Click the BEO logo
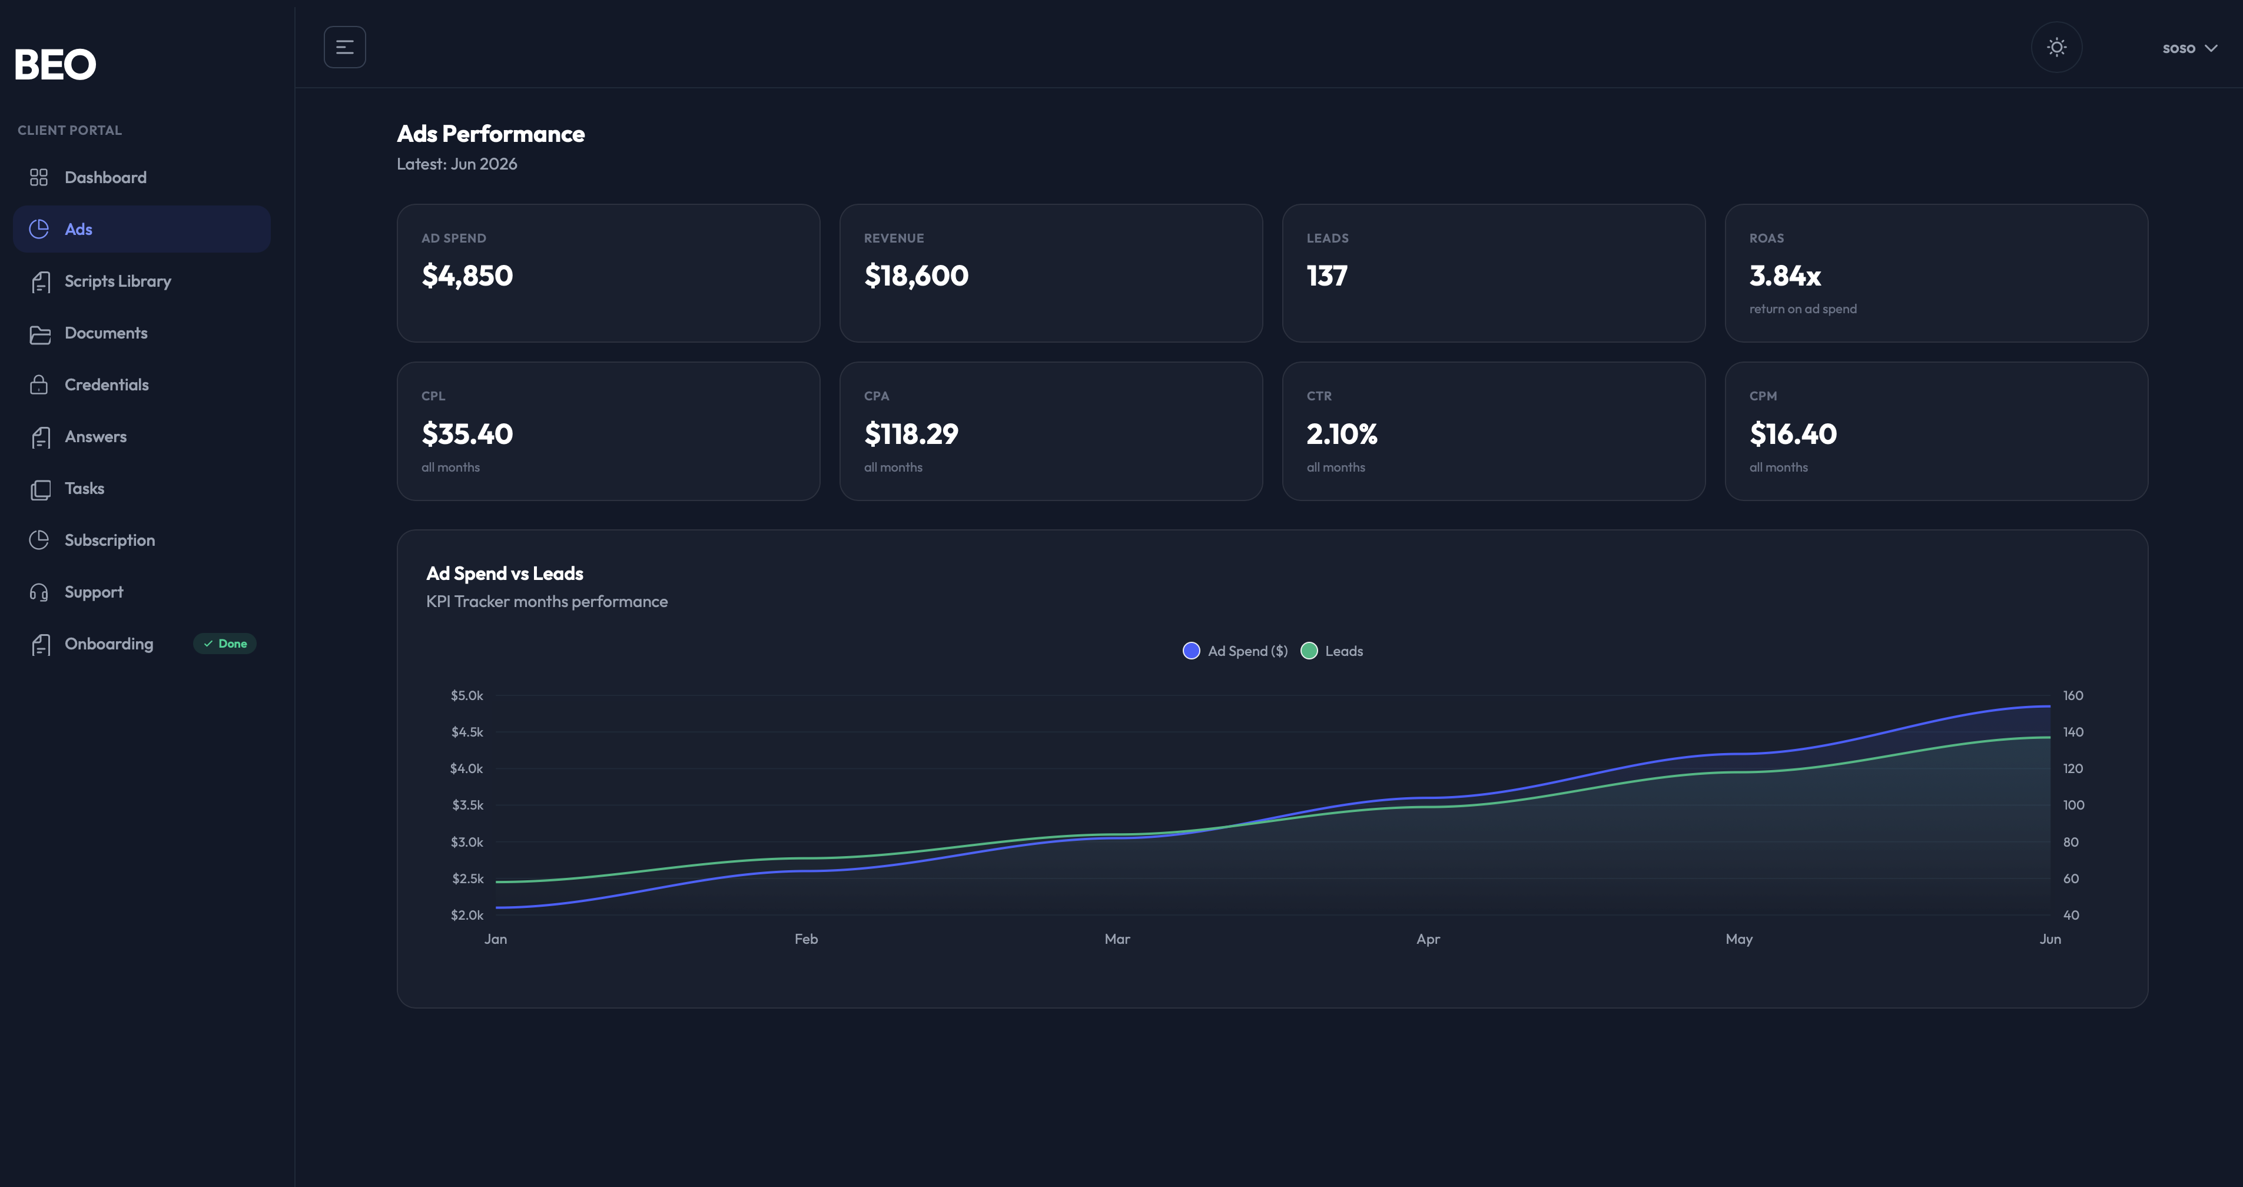pos(55,64)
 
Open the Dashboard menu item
pos(105,178)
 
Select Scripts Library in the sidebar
pos(118,281)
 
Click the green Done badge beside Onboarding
pos(225,644)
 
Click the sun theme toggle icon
pos(2056,47)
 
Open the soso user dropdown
pos(2189,48)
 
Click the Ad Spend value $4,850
pos(467,275)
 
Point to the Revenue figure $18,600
pos(916,275)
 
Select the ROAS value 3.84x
pos(1785,275)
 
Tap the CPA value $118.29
pos(911,434)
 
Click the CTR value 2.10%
pos(1342,434)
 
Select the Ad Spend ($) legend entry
pos(1235,651)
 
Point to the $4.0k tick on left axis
pos(466,768)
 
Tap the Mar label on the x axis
pos(1117,939)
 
